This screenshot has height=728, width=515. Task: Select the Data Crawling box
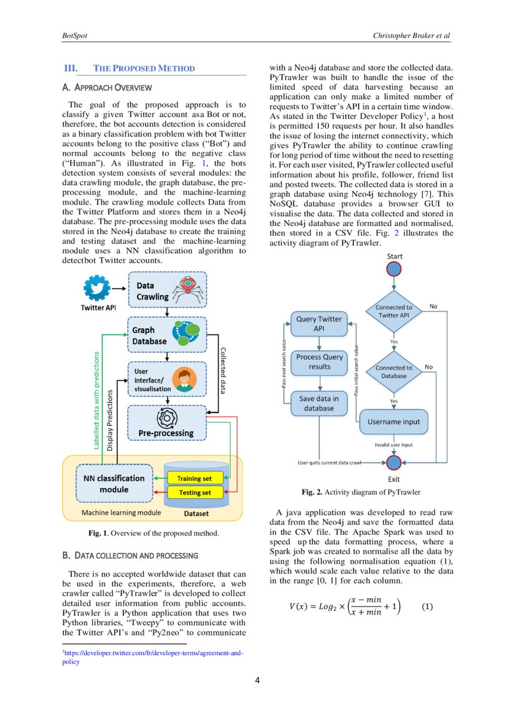166,290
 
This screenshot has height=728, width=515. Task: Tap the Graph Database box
166,336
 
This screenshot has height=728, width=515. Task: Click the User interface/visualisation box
166,379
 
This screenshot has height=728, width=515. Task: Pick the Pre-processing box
166,423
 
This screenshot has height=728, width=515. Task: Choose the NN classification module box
114,483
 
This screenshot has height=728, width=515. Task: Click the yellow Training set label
194,478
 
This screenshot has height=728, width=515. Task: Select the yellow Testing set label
194,493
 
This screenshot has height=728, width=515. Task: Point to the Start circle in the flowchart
394,268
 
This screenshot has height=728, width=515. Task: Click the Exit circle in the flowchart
394,463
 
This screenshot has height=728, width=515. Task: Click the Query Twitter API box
319,323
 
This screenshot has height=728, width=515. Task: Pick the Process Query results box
319,362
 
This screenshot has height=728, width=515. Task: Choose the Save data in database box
319,403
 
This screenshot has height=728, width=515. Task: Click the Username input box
394,422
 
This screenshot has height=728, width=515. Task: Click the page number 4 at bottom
258,679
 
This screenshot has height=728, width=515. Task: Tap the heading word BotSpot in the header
74,35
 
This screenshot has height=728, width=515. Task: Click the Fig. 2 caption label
311,492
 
